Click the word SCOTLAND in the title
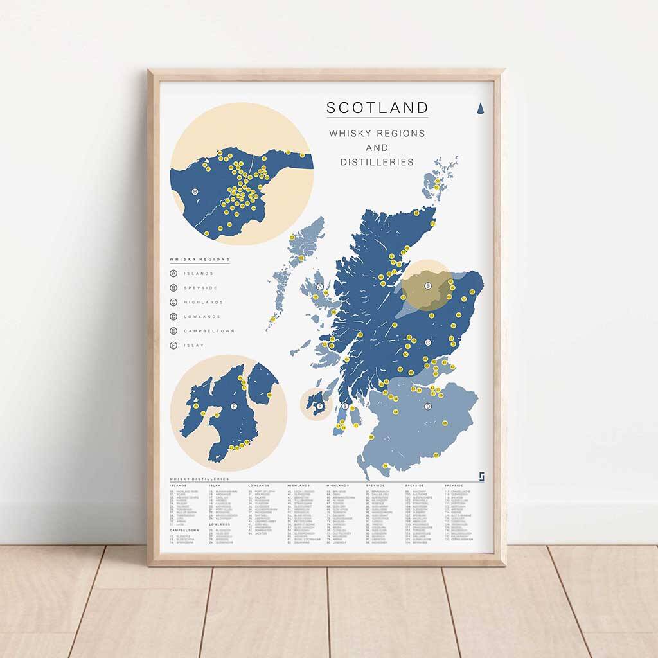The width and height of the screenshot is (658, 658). [x=377, y=108]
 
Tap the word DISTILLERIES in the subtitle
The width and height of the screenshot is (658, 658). [x=377, y=162]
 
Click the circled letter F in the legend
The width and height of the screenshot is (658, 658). [x=173, y=346]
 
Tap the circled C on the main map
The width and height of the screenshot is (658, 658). [x=427, y=342]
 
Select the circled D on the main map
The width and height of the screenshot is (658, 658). [x=428, y=406]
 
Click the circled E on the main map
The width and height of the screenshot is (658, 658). [x=345, y=407]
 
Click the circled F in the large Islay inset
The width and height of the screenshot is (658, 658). [x=233, y=407]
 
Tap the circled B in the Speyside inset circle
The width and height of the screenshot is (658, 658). [x=195, y=191]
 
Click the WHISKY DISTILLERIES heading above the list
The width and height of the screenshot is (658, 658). [x=199, y=479]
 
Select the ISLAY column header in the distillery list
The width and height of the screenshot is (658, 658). [x=215, y=486]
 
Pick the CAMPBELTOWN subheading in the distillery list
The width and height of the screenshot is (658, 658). [x=184, y=530]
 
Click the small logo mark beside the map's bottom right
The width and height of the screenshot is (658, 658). [x=481, y=476]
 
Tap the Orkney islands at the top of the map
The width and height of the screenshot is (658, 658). [x=438, y=181]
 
